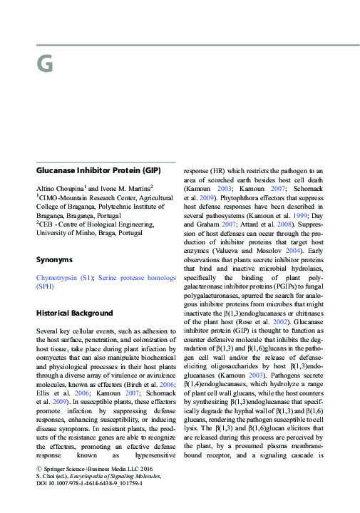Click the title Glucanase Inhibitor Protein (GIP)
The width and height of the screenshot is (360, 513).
tap(98, 170)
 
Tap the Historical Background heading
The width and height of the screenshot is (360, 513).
tap(74, 313)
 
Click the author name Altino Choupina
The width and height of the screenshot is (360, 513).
tap(60, 187)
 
